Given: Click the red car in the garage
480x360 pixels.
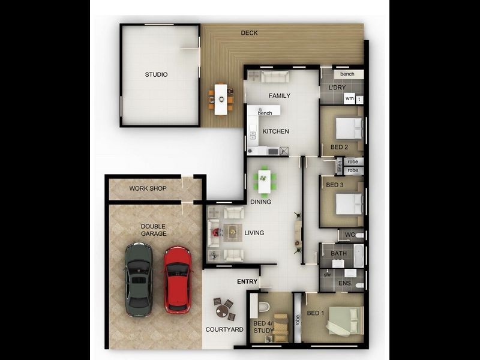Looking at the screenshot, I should tap(178, 279).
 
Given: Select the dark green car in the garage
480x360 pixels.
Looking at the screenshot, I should tap(139, 278).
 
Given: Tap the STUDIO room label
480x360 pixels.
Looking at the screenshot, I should tap(156, 75).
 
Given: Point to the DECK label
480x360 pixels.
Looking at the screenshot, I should tap(249, 33).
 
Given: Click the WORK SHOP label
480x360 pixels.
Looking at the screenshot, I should tap(148, 188).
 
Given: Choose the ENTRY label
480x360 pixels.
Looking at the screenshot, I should tap(247, 281).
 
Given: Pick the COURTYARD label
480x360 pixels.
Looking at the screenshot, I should tap(224, 329).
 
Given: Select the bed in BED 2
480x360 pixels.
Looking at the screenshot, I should tap(349, 128).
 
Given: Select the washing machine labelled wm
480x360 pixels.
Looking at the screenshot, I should tap(349, 99).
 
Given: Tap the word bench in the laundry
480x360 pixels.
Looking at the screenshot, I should tap(347, 74).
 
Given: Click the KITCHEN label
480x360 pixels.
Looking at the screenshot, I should tap(276, 131).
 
